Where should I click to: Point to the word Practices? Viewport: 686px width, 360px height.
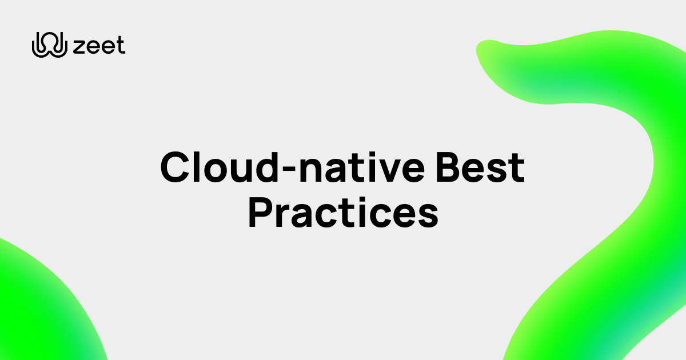(x=343, y=213)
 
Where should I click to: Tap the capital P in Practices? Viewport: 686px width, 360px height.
(x=261, y=213)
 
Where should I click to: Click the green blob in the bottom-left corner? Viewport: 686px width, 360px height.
(x=40, y=303)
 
